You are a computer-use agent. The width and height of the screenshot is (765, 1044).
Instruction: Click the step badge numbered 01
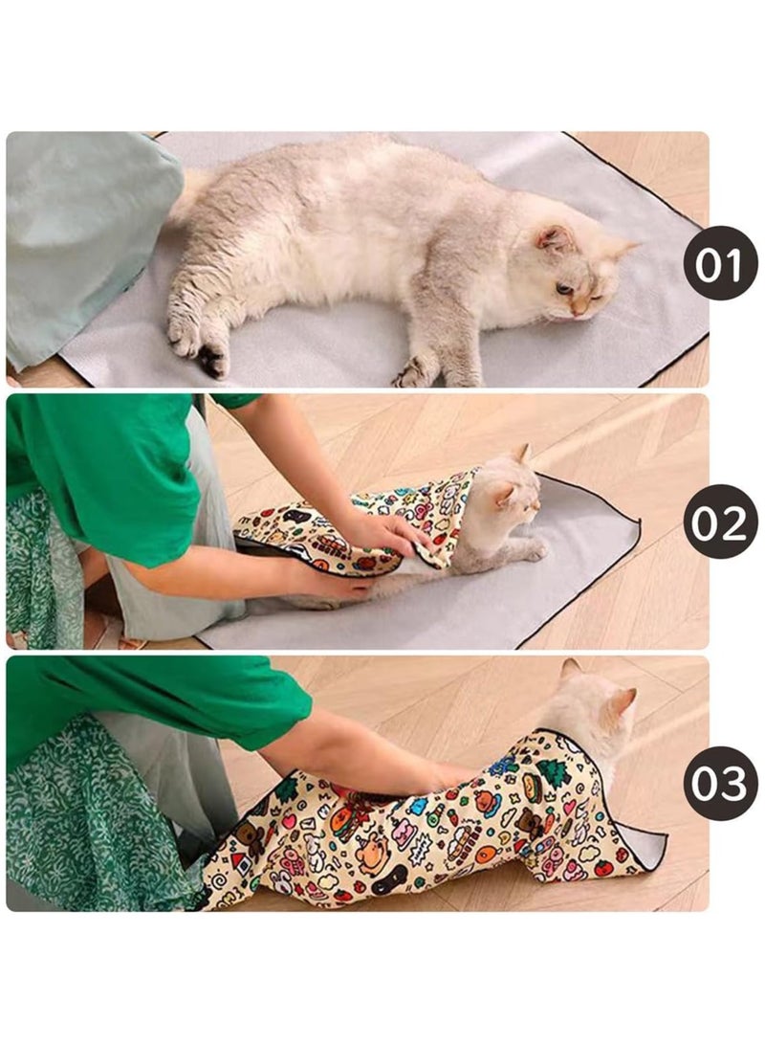click(x=720, y=263)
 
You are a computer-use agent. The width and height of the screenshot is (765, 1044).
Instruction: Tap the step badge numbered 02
click(x=720, y=522)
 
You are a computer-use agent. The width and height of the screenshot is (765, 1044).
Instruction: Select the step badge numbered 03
click(x=720, y=783)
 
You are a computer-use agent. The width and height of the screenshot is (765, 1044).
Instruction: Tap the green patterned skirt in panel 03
click(x=76, y=813)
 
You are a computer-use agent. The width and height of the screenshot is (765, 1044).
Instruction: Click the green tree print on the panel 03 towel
click(x=553, y=773)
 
